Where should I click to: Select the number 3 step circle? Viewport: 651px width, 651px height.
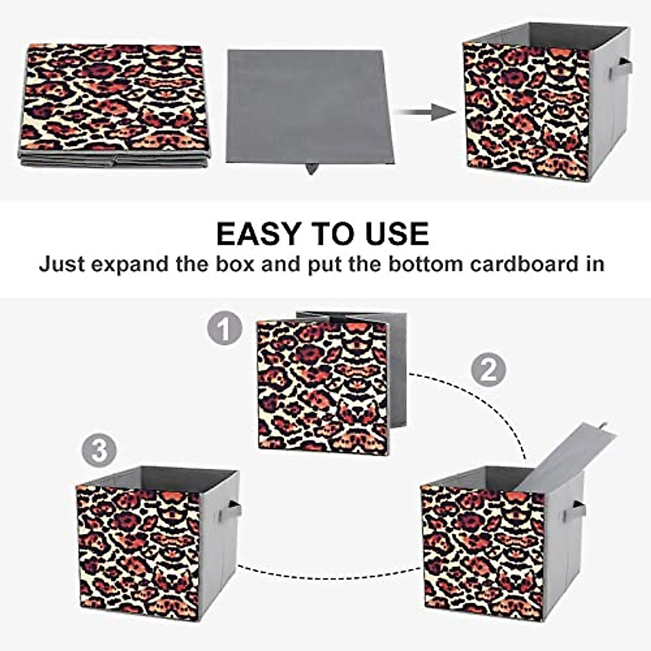(x=99, y=450)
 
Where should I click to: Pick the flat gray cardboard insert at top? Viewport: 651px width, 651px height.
(x=309, y=106)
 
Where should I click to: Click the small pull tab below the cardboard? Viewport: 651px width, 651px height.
(x=312, y=169)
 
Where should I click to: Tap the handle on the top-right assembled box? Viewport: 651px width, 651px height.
(x=621, y=68)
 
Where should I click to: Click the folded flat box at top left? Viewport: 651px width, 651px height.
(x=115, y=103)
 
